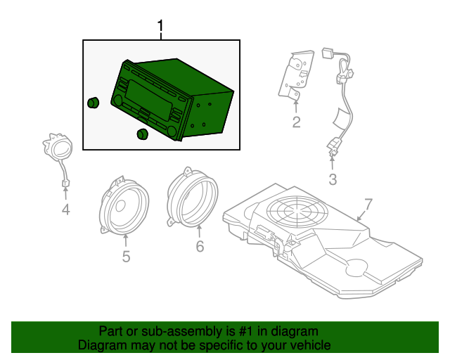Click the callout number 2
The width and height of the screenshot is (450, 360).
(296, 124)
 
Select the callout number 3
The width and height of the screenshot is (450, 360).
(333, 179)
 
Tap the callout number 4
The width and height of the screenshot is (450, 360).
(65, 209)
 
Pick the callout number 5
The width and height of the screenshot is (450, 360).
(126, 257)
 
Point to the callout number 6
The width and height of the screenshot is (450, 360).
(199, 246)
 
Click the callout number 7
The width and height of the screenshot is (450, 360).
(366, 205)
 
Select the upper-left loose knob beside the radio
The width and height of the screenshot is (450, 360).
(93, 103)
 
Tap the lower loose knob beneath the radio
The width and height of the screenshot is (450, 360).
(142, 134)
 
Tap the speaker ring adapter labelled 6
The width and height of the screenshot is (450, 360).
(191, 197)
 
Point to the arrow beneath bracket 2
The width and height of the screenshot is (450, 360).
(296, 107)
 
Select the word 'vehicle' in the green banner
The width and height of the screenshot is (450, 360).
(309, 345)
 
